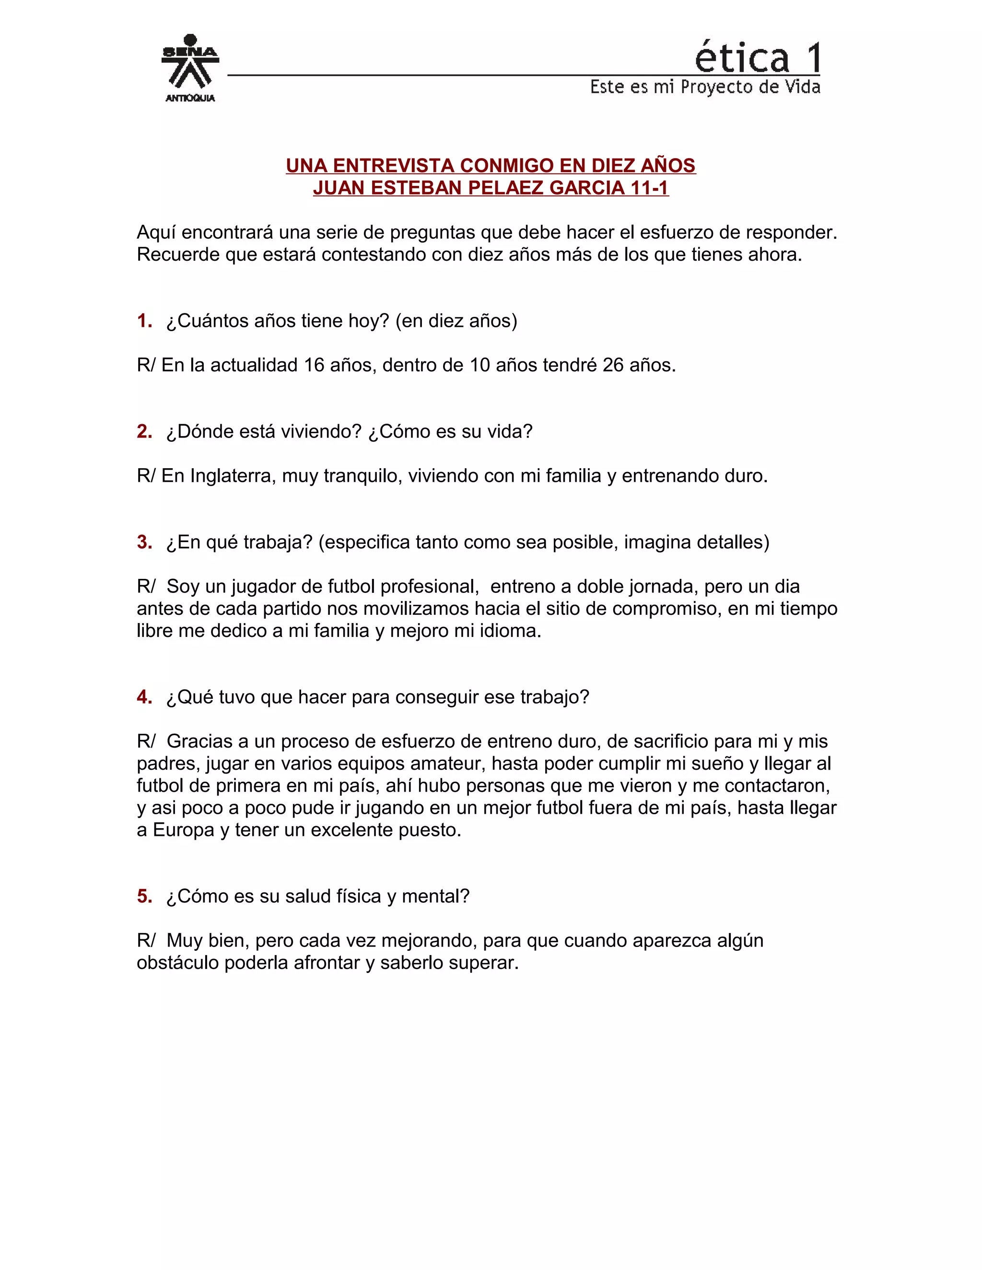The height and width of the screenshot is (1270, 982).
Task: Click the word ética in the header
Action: click(x=742, y=58)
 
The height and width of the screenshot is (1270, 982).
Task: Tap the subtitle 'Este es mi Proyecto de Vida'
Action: click(x=705, y=87)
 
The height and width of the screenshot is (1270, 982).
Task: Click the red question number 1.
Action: click(x=144, y=321)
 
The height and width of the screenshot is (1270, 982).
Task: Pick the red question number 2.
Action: click(x=144, y=431)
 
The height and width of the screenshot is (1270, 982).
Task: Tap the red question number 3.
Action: click(x=144, y=542)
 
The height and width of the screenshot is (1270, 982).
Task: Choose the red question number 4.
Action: click(x=144, y=697)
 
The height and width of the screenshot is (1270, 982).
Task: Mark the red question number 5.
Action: click(x=144, y=896)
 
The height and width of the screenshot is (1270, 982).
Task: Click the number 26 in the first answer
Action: click(x=613, y=365)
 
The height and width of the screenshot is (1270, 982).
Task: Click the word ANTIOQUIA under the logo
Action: click(x=190, y=98)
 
